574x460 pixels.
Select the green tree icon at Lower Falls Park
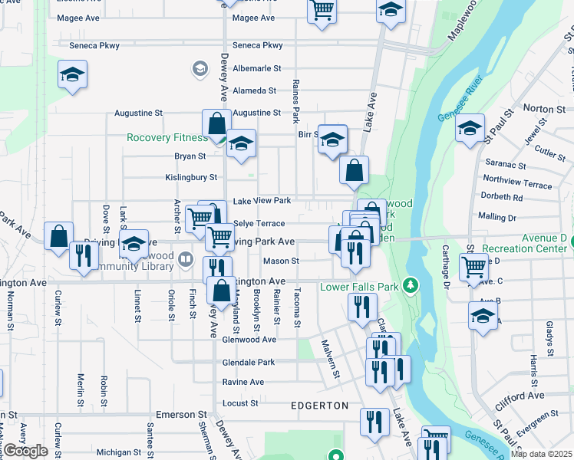coord(411,286)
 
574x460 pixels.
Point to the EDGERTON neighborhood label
coord(320,405)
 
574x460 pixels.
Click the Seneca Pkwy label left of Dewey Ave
coord(94,46)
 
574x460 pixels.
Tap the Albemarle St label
coord(257,68)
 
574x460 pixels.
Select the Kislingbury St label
coord(191,177)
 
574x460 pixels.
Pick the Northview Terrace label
coord(517,185)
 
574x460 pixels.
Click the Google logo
coord(25,451)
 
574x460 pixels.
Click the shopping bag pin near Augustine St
coord(217,124)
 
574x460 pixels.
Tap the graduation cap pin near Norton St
coord(470,128)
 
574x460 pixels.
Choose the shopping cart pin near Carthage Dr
coord(473,268)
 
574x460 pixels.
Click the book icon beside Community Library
coord(186,259)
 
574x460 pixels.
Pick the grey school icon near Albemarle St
coord(200,69)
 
